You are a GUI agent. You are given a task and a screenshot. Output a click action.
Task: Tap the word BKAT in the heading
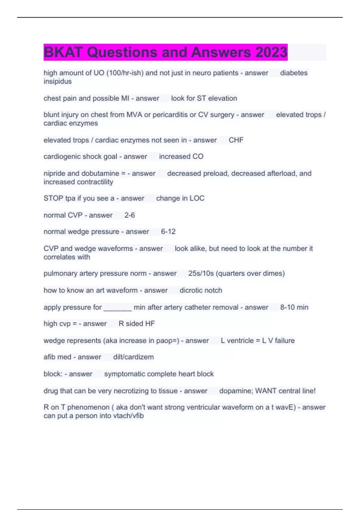tap(63, 52)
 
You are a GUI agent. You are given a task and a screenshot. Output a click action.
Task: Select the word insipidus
tap(58, 81)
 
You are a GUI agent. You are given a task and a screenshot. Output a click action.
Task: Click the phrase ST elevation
tap(217, 98)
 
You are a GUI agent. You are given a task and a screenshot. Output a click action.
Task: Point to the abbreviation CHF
tap(236, 140)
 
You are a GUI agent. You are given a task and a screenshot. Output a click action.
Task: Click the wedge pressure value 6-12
tap(168, 231)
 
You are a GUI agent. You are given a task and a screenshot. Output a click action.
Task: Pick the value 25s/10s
tap(201, 273)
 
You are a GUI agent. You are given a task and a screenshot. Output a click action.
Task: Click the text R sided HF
tap(137, 323)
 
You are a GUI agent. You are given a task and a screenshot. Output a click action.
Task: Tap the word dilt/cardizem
tap(133, 357)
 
